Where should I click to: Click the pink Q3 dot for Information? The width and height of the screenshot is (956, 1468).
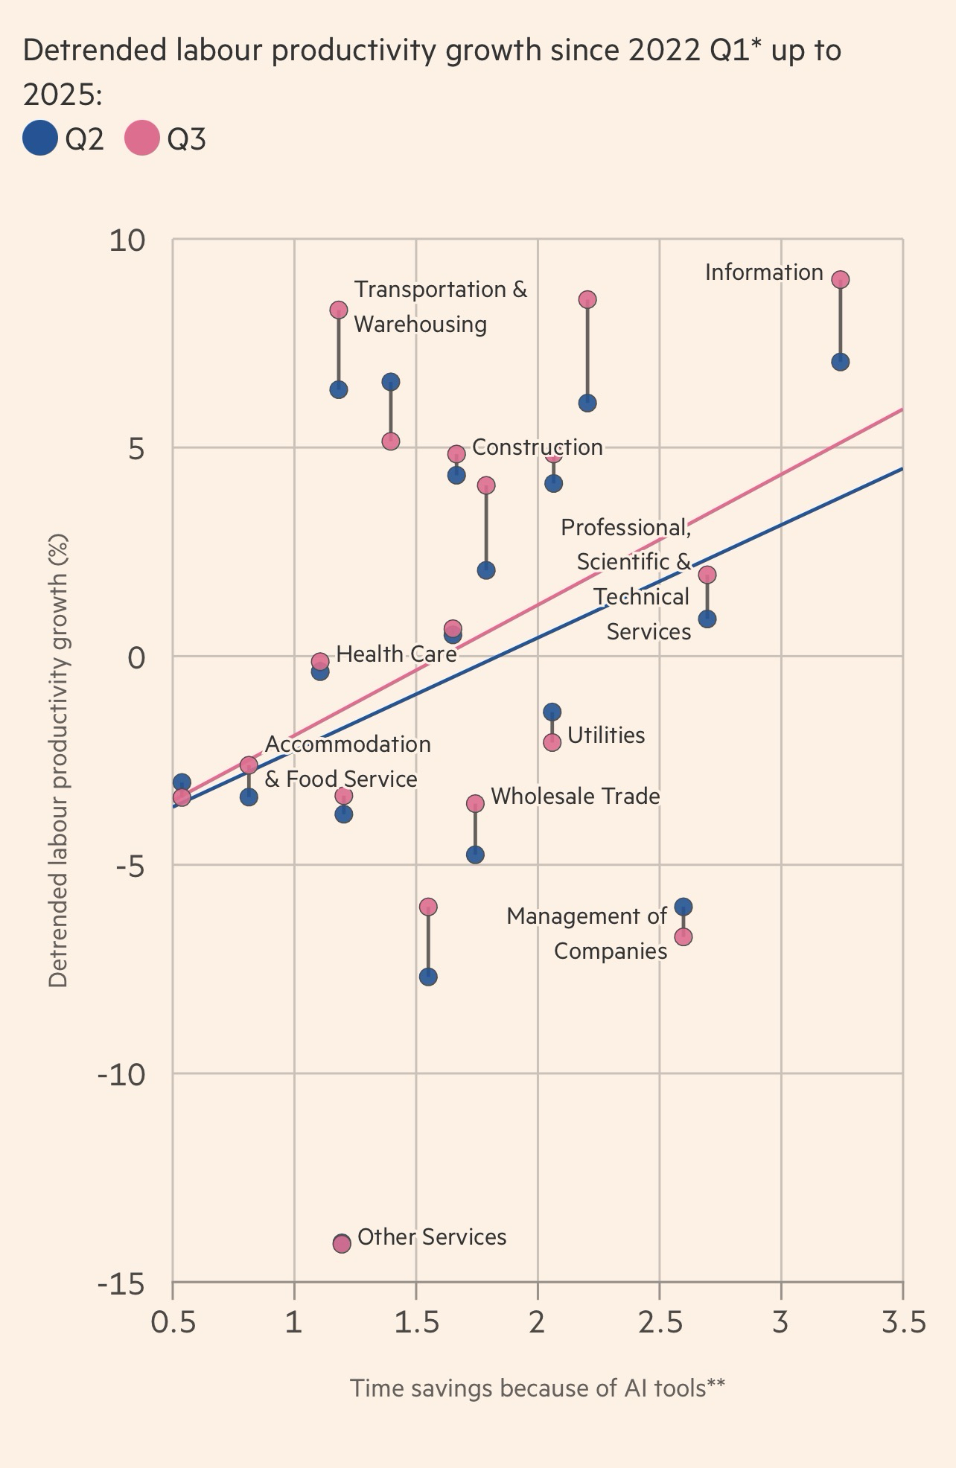point(840,280)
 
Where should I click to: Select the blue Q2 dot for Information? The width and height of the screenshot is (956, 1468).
point(840,363)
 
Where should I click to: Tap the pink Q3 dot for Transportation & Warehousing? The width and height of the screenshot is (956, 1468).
point(339,310)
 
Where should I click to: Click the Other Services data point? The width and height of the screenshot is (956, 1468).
point(342,1243)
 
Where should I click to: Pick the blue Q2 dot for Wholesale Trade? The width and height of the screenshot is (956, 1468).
point(475,855)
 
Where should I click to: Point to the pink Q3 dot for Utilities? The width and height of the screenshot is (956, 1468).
point(552,742)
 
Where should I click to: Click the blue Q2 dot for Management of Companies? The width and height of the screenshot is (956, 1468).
point(683,907)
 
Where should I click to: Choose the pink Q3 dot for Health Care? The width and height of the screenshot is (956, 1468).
point(320,661)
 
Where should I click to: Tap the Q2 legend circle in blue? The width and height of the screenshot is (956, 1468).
point(40,138)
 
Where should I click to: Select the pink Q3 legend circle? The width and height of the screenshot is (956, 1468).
point(141,138)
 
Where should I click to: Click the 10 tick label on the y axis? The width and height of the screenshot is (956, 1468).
point(127,240)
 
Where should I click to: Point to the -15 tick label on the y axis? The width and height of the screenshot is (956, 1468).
point(121,1284)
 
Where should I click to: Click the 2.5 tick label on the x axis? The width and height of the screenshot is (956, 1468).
point(659,1324)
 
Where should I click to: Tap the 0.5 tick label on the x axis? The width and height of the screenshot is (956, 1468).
point(173,1324)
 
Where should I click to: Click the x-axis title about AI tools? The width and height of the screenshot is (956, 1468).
point(537,1388)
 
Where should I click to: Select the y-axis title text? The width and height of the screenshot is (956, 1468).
point(58,760)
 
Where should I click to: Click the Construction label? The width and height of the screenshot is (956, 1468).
point(537,447)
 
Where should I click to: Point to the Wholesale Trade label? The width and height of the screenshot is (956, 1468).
point(575,797)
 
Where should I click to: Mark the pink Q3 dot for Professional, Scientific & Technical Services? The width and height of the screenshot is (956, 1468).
point(707,575)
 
